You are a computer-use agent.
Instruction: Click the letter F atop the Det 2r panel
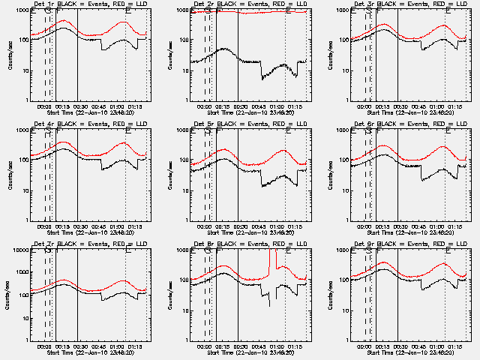(x=217, y=10)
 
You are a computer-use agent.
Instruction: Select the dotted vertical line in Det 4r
(x=125, y=176)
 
